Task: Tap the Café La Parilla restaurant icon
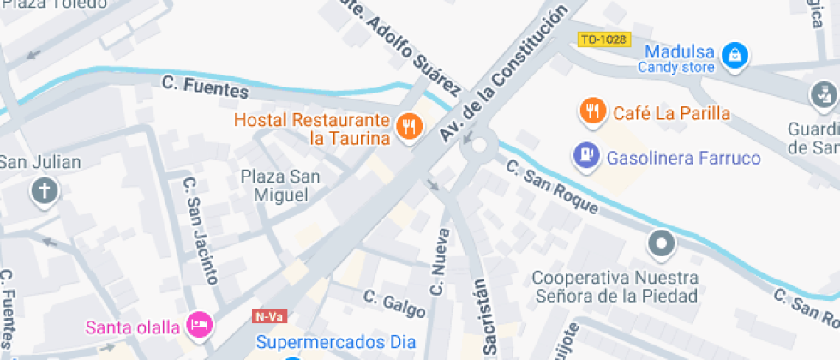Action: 592,111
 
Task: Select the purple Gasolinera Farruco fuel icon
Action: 586,156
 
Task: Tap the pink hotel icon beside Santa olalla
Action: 200,326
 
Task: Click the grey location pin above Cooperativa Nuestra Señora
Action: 662,245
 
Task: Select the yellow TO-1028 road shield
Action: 604,39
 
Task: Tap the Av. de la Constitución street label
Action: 503,72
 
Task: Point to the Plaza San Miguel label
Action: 279,186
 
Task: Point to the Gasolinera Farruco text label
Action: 683,158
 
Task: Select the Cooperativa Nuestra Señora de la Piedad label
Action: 615,287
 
